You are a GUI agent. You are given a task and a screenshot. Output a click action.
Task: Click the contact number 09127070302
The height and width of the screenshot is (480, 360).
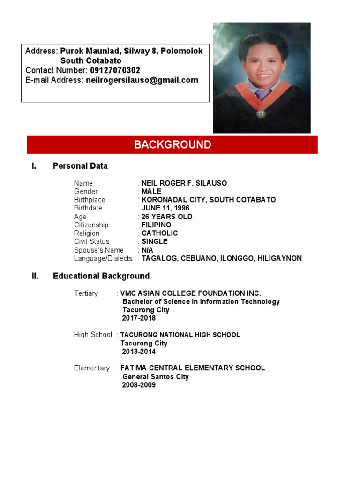(115, 70)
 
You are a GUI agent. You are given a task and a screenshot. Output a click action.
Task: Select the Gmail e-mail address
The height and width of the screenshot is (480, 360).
(142, 80)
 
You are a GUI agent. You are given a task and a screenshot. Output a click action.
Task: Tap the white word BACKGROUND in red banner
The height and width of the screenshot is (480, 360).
(172, 144)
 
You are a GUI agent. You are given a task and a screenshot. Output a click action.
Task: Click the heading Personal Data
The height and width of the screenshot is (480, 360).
(80, 166)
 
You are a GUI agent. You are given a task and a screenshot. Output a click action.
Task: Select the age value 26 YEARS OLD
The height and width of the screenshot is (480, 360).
(167, 217)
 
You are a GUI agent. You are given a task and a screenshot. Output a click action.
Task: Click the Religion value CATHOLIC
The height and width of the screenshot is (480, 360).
(160, 233)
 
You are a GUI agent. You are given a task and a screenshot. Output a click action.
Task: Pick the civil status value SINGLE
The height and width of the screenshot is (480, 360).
(155, 241)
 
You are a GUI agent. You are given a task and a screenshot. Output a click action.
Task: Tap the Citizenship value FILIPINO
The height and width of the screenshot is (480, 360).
(157, 225)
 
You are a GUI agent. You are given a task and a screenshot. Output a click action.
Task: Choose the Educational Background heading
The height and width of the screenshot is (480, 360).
(101, 276)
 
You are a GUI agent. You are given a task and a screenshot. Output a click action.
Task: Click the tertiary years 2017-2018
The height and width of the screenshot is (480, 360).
(139, 318)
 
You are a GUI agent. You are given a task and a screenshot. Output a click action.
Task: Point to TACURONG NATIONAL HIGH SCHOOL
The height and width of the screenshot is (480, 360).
(180, 335)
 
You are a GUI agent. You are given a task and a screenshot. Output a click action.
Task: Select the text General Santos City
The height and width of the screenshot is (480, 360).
(156, 377)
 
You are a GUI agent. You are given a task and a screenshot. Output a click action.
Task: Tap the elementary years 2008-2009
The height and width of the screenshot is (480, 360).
(139, 385)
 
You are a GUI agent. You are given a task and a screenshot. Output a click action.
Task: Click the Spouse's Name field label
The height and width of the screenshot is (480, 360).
(98, 250)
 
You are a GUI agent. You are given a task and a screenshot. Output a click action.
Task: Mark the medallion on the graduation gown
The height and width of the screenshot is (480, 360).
(261, 113)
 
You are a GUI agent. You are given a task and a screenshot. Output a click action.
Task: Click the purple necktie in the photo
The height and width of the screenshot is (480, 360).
(262, 96)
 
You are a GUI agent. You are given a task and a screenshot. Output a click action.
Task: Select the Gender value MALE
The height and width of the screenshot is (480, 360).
(151, 191)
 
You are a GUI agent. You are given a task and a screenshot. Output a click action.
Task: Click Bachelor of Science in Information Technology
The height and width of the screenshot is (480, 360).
(201, 301)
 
